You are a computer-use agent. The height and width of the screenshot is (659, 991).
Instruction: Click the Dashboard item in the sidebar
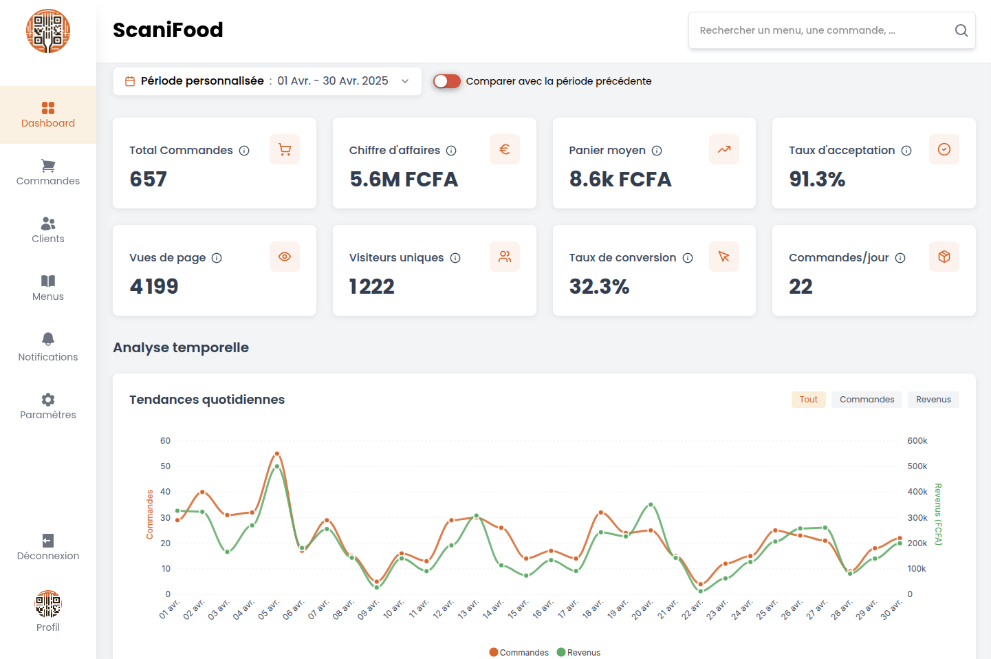[48, 115]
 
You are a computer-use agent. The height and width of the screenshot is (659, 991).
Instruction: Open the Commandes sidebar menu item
[48, 173]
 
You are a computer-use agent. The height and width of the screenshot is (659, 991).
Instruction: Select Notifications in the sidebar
[48, 347]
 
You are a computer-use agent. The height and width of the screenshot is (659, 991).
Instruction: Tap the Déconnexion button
[48, 547]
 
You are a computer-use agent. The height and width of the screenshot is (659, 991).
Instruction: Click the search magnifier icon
[961, 30]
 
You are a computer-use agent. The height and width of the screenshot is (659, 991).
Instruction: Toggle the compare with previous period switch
[446, 81]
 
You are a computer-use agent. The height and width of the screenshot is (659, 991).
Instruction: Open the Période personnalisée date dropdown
[267, 81]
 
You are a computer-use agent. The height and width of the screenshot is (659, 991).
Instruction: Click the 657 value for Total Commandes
[149, 180]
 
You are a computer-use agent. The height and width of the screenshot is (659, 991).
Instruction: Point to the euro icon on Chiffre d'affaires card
[504, 149]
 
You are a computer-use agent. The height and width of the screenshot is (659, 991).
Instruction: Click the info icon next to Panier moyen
[657, 151]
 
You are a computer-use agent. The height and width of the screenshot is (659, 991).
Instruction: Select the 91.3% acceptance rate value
[817, 180]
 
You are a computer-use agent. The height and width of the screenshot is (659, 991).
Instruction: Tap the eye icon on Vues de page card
[285, 257]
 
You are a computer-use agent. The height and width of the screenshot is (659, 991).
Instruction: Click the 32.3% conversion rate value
[599, 287]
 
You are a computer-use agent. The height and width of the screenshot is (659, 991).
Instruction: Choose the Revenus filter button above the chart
[933, 400]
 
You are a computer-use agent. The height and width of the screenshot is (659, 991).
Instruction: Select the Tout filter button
[808, 400]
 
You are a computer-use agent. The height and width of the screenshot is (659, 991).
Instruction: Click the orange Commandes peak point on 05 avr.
[277, 454]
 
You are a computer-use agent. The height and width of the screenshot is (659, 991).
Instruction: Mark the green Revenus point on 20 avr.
[651, 505]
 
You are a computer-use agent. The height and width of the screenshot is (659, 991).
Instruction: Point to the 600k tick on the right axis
[917, 441]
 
